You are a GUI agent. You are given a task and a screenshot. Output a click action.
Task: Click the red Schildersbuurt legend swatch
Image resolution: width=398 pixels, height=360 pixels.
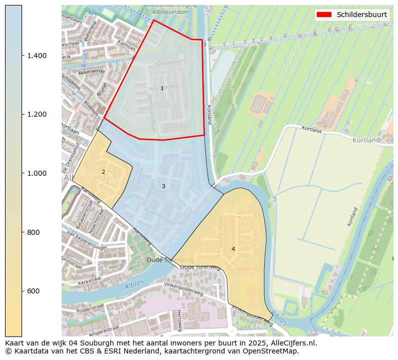324,15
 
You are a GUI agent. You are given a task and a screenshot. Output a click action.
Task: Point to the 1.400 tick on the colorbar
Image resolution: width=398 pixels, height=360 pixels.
38,56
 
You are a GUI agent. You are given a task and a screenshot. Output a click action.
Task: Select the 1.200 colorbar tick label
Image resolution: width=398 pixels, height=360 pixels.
38,114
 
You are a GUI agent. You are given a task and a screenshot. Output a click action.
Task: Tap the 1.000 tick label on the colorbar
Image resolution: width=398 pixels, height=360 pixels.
38,173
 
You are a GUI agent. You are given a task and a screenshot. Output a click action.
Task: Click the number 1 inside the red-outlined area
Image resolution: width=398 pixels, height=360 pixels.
162,88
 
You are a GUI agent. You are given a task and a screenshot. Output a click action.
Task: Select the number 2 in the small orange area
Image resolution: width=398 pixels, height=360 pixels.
103,172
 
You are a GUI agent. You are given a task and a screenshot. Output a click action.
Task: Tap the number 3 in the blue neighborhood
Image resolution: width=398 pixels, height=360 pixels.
163,186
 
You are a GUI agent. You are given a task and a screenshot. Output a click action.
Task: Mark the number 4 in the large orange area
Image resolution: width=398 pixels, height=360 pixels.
233,249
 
